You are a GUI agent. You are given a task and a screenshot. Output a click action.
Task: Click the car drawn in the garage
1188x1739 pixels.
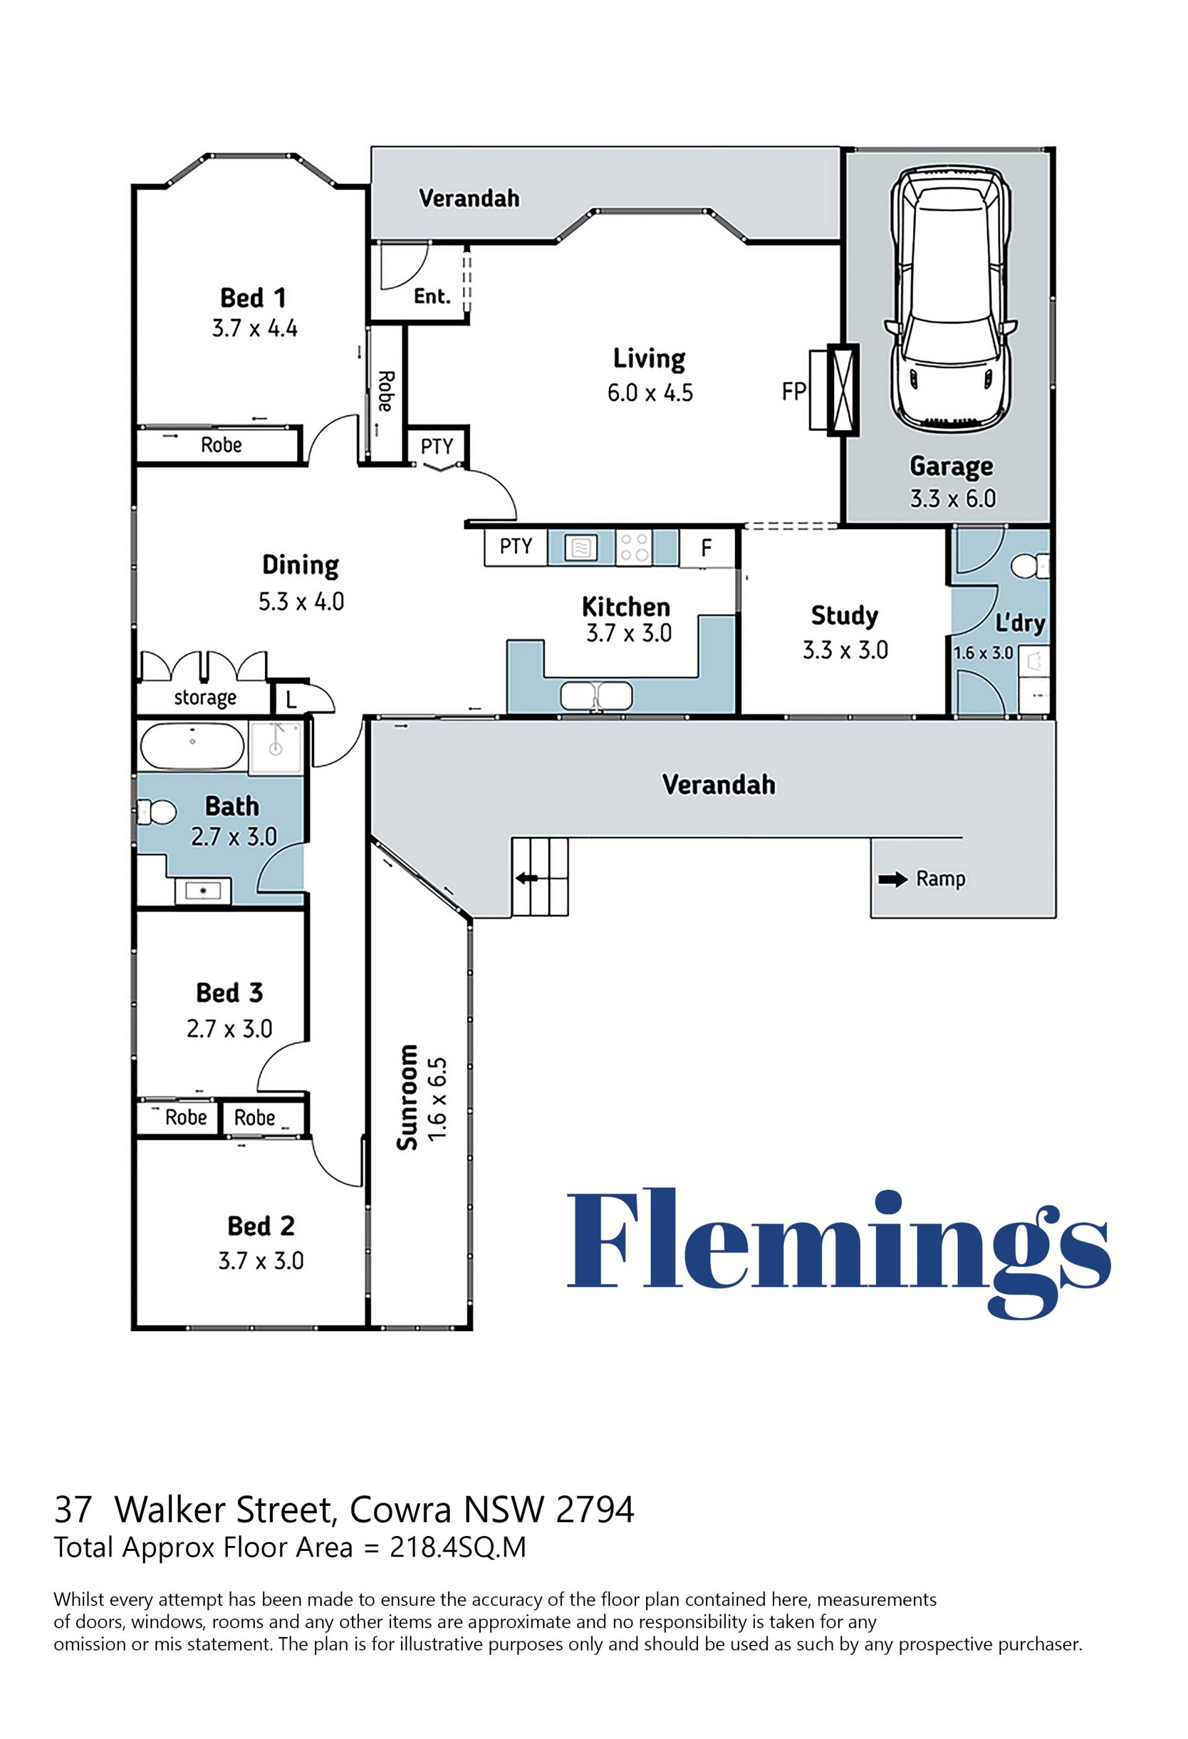[950, 300]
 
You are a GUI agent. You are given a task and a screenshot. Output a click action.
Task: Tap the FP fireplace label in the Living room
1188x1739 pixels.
[794, 391]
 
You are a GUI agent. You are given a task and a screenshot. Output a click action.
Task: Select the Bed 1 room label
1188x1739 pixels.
[253, 298]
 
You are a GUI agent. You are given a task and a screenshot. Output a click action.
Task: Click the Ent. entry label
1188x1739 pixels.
[433, 296]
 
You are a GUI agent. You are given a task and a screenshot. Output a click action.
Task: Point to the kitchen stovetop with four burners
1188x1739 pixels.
[634, 547]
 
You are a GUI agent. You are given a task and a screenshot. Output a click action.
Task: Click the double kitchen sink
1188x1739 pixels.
[596, 696]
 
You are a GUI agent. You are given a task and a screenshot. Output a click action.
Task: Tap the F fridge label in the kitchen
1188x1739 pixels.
[706, 548]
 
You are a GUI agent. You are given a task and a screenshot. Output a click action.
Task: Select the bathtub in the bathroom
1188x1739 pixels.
[192, 746]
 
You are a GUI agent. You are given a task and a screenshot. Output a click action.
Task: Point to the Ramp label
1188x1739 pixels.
[940, 879]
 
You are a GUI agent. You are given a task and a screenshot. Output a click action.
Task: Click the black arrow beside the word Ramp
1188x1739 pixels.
[892, 879]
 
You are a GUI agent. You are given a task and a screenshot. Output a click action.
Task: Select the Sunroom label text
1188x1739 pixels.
[408, 1097]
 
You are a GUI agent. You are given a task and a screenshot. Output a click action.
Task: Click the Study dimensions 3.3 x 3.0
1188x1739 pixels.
[845, 650]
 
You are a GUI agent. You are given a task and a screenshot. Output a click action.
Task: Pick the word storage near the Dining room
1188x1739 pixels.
[205, 698]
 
